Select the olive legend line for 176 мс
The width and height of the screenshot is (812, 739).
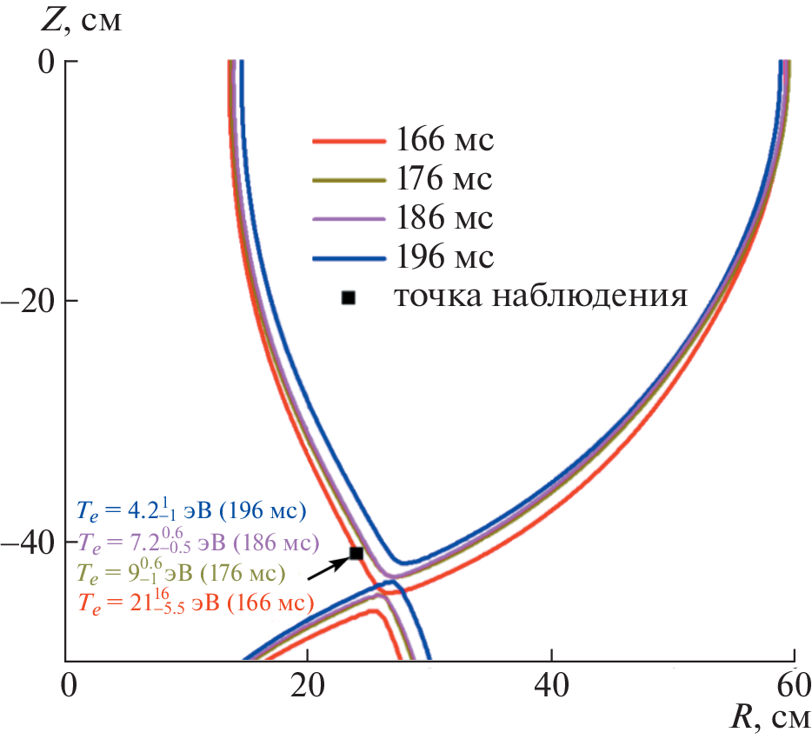(x=348, y=179)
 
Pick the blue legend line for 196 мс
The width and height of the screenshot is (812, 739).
(x=348, y=257)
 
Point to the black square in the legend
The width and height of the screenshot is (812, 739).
(x=349, y=297)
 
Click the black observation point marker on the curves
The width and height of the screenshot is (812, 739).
(x=356, y=553)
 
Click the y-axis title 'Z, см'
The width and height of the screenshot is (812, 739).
(x=83, y=20)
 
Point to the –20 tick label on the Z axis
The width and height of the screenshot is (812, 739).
(x=32, y=301)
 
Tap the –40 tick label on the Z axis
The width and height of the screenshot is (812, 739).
(x=32, y=542)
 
